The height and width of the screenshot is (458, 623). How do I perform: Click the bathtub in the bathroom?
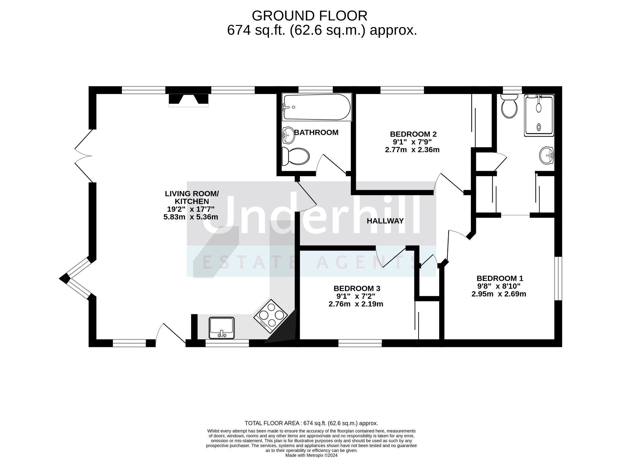317,107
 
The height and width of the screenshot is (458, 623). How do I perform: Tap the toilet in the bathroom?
295,156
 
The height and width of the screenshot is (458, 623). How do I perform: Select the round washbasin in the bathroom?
289,135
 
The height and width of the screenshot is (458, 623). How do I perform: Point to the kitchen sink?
222,328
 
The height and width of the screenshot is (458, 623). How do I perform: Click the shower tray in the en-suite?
539,115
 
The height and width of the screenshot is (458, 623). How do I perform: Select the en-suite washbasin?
547,156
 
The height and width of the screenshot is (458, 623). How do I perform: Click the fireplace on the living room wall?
189,100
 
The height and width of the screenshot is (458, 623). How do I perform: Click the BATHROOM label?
316,132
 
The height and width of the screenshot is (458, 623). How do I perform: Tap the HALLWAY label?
385,221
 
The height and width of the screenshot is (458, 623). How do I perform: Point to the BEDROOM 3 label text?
357,288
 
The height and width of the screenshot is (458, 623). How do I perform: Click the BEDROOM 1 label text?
500,278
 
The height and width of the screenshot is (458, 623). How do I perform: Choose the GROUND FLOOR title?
309,16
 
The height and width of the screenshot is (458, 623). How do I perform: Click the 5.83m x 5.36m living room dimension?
191,217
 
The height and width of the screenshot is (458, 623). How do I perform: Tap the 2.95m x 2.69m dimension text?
499,294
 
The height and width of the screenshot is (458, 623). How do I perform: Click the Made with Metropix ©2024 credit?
311,455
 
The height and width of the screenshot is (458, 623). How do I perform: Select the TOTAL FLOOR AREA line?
311,423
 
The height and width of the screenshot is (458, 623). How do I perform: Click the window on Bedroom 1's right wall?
558,278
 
